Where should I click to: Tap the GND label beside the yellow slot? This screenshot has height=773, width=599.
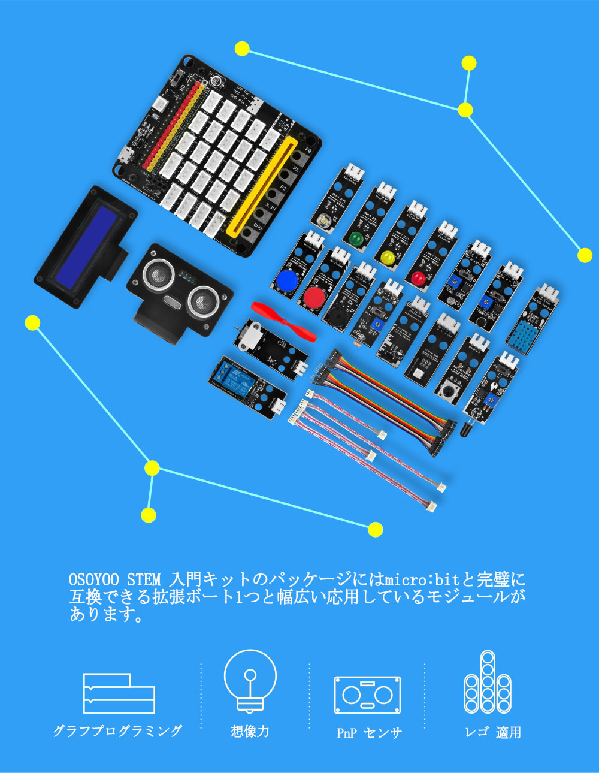258,226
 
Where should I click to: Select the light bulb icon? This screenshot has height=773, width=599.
250,680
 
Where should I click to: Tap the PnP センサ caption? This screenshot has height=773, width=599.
369,733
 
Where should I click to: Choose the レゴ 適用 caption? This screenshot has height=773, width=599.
492,732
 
